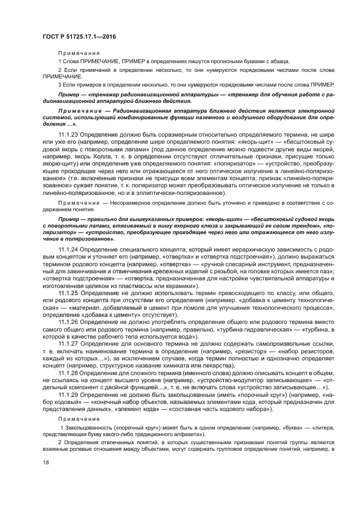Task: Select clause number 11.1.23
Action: pos(68,134)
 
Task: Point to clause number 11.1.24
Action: pos(68,249)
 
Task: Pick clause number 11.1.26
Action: pos(68,322)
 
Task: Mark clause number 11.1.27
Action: pos(68,344)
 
